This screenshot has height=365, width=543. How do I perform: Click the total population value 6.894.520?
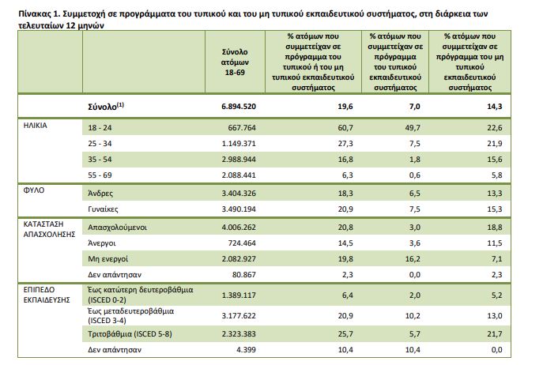(239, 107)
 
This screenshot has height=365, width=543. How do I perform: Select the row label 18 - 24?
(100, 128)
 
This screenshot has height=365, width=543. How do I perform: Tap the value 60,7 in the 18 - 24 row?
(345, 128)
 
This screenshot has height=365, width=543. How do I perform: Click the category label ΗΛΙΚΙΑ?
(36, 126)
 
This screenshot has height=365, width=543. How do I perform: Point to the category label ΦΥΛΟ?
(34, 190)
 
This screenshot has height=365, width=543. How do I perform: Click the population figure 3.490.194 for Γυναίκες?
(239, 209)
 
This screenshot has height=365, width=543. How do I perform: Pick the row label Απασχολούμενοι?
(118, 228)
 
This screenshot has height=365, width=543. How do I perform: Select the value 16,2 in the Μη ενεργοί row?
(413, 258)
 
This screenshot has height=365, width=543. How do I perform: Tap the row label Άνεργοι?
(102, 243)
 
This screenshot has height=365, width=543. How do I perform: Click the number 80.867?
(243, 275)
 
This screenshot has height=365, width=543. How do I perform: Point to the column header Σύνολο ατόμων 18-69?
(235, 62)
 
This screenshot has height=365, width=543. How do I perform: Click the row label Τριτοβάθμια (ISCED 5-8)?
(130, 334)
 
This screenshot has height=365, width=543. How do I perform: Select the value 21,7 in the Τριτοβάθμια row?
(495, 334)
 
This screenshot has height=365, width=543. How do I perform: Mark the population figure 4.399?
(247, 350)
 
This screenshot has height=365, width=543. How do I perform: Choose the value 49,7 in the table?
(413, 128)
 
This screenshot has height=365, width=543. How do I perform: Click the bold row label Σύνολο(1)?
(106, 106)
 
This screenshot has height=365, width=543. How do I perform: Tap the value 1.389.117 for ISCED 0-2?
(239, 295)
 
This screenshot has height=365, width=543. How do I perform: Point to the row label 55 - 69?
(100, 175)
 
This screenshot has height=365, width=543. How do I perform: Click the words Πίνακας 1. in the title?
(40, 14)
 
